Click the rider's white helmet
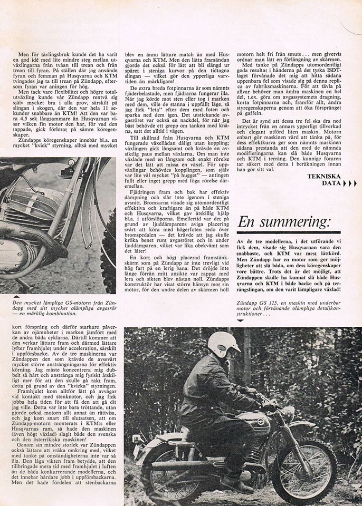224,344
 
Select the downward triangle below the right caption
241,320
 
